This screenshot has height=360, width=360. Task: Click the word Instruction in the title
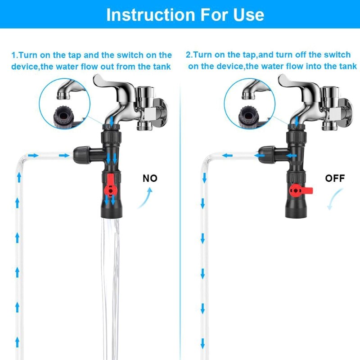click(x=151, y=15)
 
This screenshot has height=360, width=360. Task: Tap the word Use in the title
click(x=249, y=15)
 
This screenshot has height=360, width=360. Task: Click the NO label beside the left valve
click(x=150, y=178)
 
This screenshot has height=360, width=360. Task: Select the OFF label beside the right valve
click(x=335, y=178)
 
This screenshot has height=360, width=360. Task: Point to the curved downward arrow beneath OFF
click(x=335, y=199)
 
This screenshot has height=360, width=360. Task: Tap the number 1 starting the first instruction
click(x=14, y=55)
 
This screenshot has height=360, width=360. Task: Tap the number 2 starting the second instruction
click(x=188, y=55)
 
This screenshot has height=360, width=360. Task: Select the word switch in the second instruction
click(x=337, y=54)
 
